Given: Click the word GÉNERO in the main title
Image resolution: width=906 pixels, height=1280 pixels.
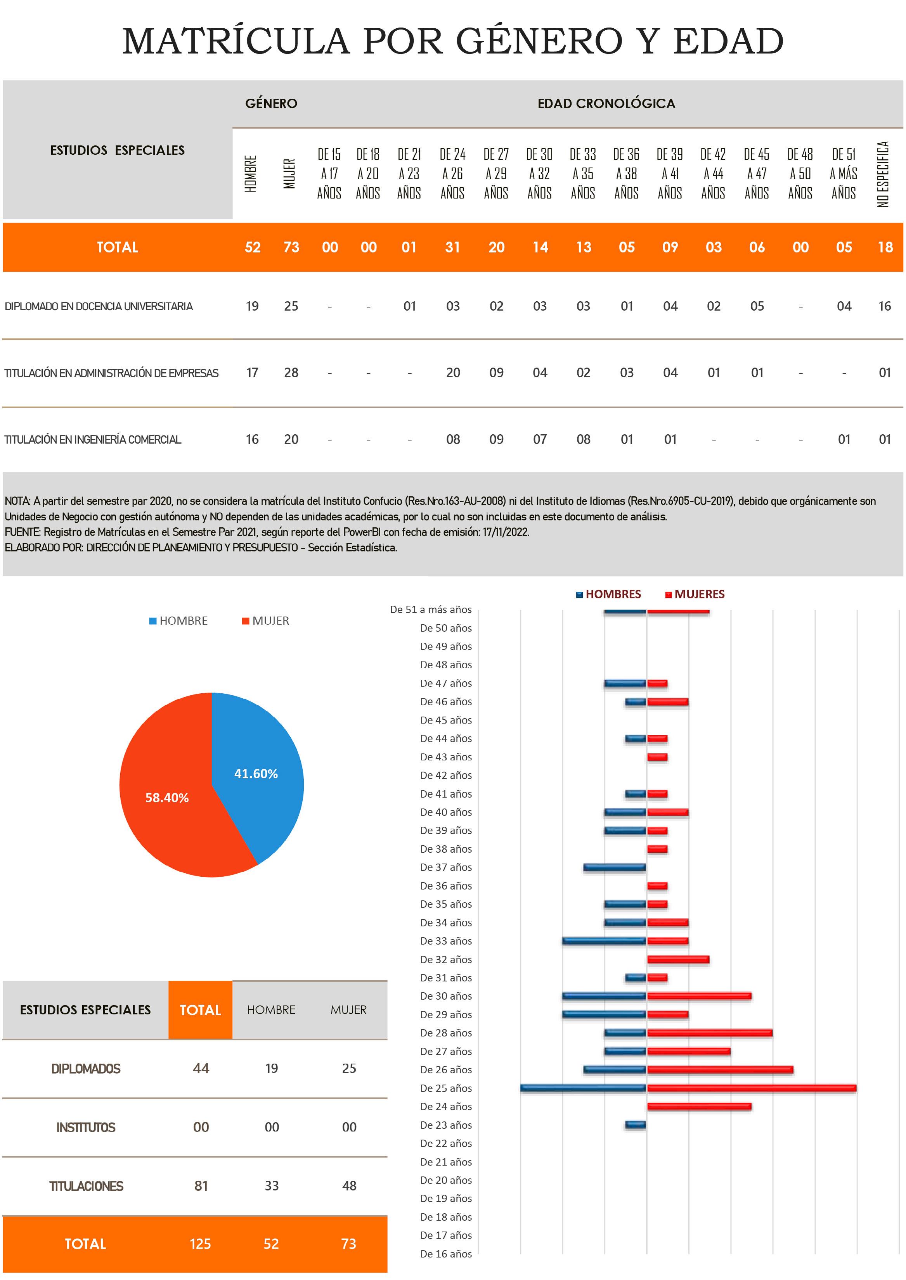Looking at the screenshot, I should (539, 41).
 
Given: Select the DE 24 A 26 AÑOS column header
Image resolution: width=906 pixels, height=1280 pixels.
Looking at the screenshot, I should (452, 173).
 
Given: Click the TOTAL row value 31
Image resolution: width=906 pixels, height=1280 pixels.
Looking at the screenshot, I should (452, 247).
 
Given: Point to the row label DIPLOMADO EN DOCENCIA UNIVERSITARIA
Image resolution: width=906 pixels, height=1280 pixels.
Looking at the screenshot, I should (99, 306).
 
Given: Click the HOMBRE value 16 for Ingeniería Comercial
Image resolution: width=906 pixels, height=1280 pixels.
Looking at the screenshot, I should (252, 439).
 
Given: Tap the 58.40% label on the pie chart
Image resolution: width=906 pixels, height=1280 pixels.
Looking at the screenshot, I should (167, 797).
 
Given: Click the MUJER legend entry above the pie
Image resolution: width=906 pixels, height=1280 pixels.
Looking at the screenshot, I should (270, 620).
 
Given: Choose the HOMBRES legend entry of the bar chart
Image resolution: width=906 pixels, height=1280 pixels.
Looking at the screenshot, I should (613, 594).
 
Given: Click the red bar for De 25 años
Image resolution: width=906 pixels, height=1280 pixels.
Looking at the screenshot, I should (751, 1088).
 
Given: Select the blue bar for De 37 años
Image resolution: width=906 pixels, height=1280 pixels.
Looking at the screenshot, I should (614, 867).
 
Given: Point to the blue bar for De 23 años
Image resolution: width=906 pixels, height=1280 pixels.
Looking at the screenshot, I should (636, 1125).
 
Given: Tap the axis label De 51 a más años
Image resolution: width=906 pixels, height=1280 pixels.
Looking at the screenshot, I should (431, 609).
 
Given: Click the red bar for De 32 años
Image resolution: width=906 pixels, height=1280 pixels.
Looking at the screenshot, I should (678, 959).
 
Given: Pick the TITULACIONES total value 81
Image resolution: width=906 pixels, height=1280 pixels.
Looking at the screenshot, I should (201, 1186).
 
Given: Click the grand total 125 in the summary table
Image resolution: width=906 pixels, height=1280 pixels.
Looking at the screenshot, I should (200, 1244).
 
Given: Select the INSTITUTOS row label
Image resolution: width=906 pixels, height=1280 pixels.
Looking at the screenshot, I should (85, 1127).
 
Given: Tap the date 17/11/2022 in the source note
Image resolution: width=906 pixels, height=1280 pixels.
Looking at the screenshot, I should (506, 532).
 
